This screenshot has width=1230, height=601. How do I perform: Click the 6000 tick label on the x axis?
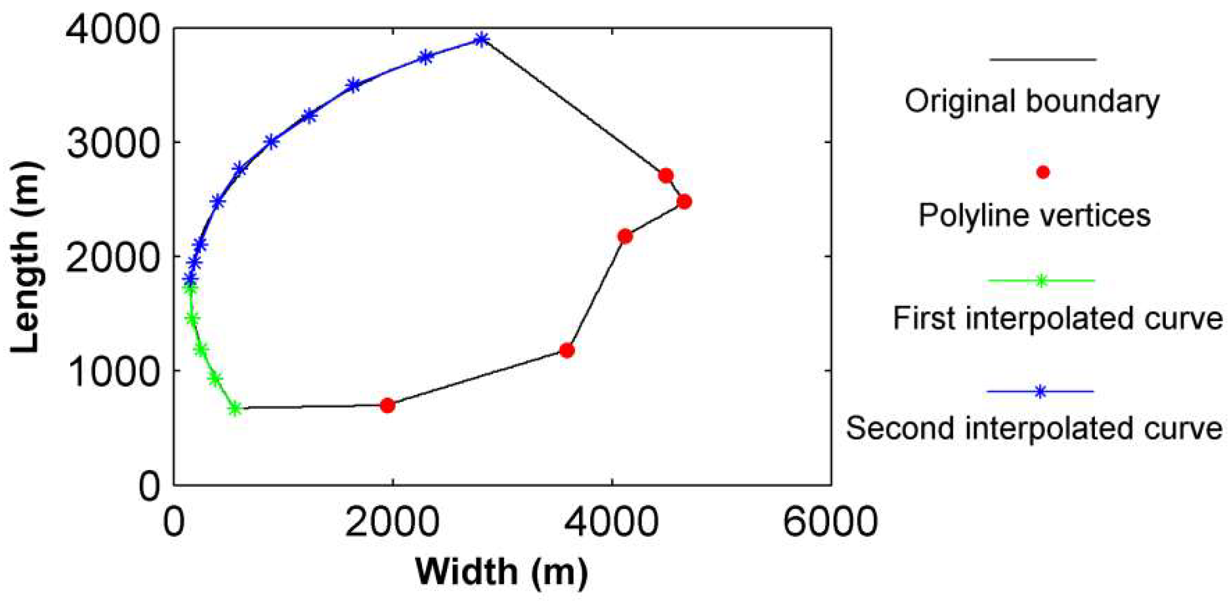[830, 522]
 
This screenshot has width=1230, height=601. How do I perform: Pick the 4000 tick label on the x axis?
[611, 522]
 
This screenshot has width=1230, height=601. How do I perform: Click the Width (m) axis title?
[502, 571]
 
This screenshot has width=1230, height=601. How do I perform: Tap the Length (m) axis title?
[25, 257]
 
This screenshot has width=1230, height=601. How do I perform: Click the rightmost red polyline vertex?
[684, 202]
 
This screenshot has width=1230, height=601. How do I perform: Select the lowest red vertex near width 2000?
[387, 406]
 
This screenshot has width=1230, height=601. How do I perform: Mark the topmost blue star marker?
[481, 40]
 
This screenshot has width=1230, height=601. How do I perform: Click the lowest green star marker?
[234, 408]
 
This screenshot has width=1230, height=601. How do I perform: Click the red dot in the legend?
[1043, 173]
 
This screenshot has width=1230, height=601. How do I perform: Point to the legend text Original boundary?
[1032, 101]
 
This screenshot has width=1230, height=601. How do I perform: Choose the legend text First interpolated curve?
[1058, 319]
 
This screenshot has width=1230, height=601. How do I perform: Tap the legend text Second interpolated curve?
[1034, 428]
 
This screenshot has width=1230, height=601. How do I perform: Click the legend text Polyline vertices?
[1034, 215]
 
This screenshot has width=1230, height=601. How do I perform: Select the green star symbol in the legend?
[1041, 281]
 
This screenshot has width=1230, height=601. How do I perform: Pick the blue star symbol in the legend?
[1040, 391]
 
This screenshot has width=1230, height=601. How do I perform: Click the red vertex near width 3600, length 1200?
[567, 351]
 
